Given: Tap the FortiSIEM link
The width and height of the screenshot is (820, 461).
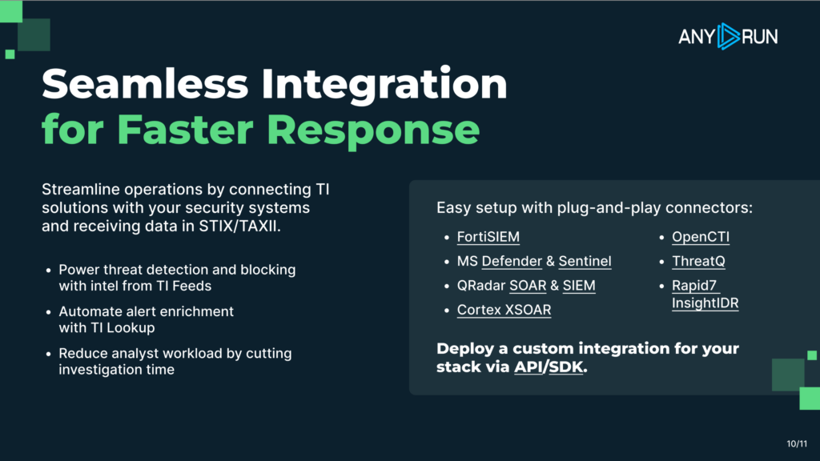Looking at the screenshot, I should (x=488, y=237).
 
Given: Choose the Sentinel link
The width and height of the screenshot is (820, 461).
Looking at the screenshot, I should (x=585, y=261).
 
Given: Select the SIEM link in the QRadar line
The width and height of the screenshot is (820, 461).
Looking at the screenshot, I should (x=579, y=285).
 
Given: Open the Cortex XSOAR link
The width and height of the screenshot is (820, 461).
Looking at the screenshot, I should (x=504, y=310).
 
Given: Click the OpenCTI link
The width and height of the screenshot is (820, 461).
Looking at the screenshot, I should (x=701, y=237).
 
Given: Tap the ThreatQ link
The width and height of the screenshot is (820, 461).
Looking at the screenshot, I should (x=698, y=261).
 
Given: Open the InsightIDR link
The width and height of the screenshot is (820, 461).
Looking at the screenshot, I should (x=705, y=303).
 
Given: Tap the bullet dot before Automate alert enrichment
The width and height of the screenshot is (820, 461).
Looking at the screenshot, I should (x=50, y=311).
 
